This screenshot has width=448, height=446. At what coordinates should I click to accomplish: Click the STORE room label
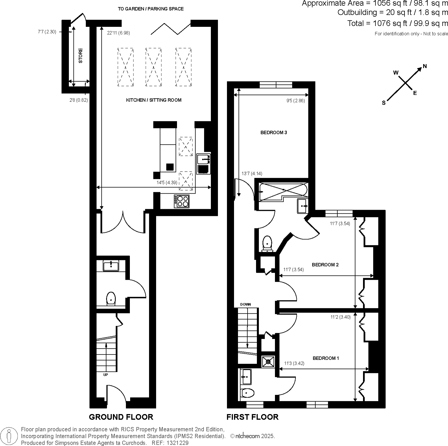81,56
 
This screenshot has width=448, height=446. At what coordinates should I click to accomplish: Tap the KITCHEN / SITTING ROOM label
154,100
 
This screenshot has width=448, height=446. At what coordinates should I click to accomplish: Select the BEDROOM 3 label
274,132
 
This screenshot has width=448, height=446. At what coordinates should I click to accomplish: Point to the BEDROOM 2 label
325,264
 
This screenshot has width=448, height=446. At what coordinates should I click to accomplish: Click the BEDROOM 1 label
326,358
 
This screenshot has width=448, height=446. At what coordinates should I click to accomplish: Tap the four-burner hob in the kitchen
182,201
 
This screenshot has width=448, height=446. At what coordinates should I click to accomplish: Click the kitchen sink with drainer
203,164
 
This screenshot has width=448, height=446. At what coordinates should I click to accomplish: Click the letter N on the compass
425,66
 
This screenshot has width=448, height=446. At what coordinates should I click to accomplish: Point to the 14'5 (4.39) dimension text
167,183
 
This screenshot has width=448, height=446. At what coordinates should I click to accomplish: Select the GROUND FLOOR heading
121,417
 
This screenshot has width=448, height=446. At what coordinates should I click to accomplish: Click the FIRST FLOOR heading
252,417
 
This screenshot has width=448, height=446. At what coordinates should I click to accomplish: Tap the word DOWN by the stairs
245,305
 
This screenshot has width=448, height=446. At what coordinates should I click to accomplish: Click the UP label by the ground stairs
106,375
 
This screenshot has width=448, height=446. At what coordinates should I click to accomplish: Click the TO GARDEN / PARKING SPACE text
151,9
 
